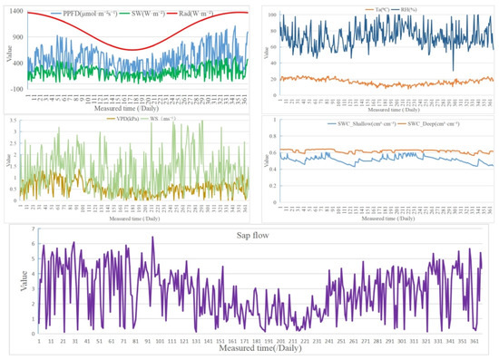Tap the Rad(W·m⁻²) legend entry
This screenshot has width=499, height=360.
(214, 13)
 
